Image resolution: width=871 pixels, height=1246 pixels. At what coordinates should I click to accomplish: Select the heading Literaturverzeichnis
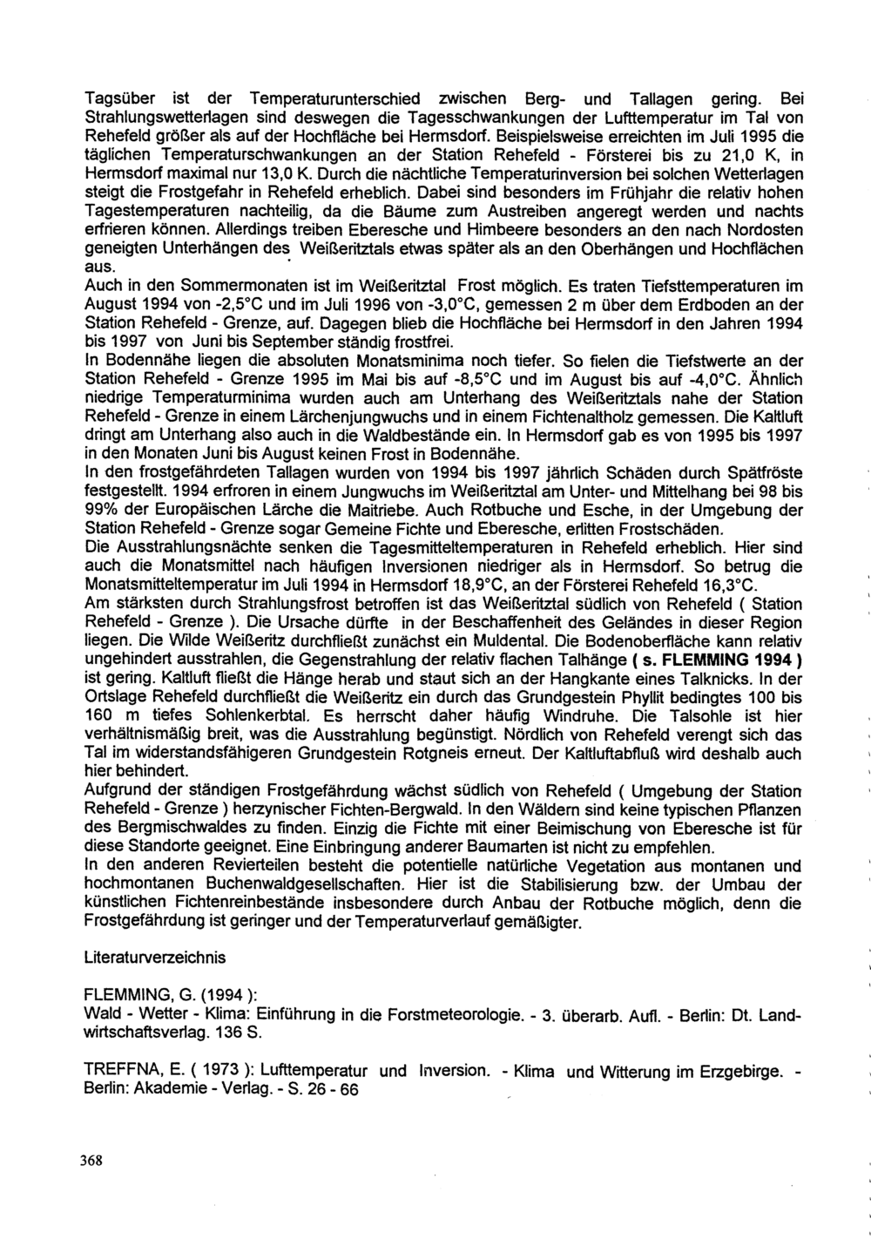click(155, 958)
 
